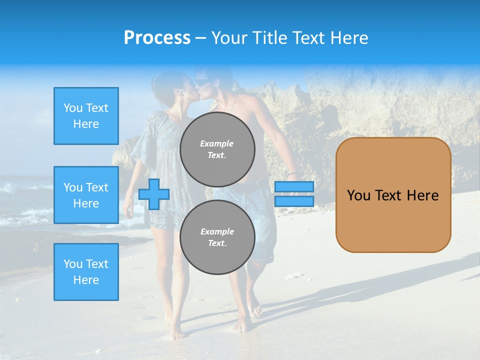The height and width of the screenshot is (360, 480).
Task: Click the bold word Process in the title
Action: [x=157, y=38]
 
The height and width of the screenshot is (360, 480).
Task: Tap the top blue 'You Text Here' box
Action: [x=86, y=116]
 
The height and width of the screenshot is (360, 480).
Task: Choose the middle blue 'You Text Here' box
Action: [x=86, y=195]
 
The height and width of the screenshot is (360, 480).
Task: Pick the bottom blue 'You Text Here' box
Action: [x=86, y=272]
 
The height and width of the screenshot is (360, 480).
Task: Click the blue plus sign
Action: [x=153, y=194]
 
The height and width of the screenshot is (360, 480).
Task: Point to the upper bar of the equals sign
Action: [x=294, y=187]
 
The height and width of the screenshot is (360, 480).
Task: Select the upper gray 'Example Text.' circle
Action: [x=217, y=149]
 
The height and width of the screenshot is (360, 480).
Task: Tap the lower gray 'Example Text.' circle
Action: [x=217, y=237]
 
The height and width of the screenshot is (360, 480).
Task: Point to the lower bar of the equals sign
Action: [x=294, y=201]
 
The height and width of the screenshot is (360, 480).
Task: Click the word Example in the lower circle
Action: [x=217, y=231]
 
